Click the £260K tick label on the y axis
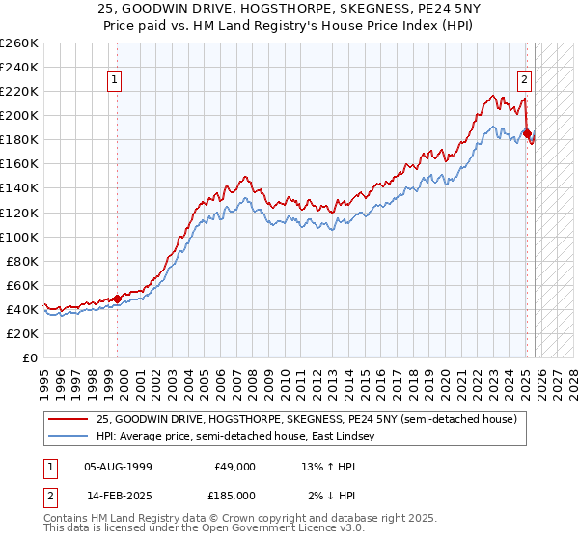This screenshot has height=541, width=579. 18,43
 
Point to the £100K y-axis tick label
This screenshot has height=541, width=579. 18,237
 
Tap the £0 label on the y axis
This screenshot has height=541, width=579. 29,357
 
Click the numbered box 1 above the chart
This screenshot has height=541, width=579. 115,80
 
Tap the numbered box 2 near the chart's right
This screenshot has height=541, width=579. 524,80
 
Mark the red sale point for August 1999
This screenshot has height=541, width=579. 118,299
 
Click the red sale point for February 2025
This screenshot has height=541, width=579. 527,133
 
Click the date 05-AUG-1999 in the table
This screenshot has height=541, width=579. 117,466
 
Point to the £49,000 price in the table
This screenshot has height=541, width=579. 234,466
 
